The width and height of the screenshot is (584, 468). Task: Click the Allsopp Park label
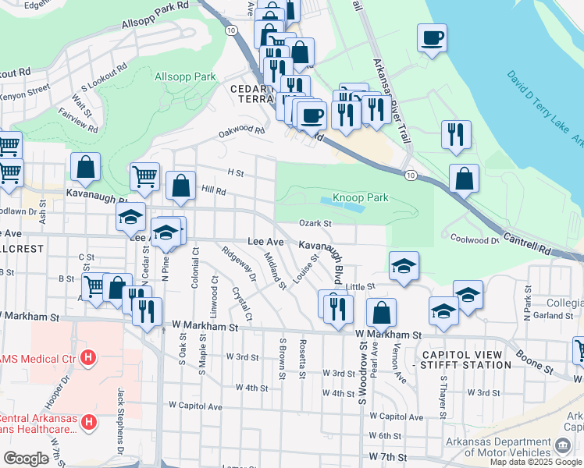[184, 77]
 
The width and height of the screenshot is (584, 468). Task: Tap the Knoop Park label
[360, 198]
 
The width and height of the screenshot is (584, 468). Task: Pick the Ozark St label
[316, 224]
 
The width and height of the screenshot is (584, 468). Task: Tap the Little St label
[361, 287]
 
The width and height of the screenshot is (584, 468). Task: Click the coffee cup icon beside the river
[432, 37]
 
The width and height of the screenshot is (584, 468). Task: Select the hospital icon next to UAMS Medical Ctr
[88, 359]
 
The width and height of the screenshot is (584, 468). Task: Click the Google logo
[26, 459]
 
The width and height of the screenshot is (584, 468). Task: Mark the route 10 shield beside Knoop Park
[410, 174]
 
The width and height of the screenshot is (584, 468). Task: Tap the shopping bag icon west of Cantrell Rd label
[464, 179]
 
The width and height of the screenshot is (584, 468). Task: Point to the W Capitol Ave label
[194, 406]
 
